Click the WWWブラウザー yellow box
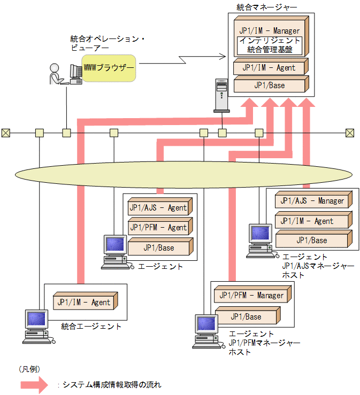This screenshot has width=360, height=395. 109,68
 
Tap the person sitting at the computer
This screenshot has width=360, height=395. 55,74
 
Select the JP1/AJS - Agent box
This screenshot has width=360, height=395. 158,207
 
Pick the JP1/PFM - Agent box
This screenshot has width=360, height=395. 158,227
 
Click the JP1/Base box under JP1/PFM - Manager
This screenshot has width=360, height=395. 246,316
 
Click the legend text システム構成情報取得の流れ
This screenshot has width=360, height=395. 112,384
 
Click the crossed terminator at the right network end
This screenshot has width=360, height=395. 350,133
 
